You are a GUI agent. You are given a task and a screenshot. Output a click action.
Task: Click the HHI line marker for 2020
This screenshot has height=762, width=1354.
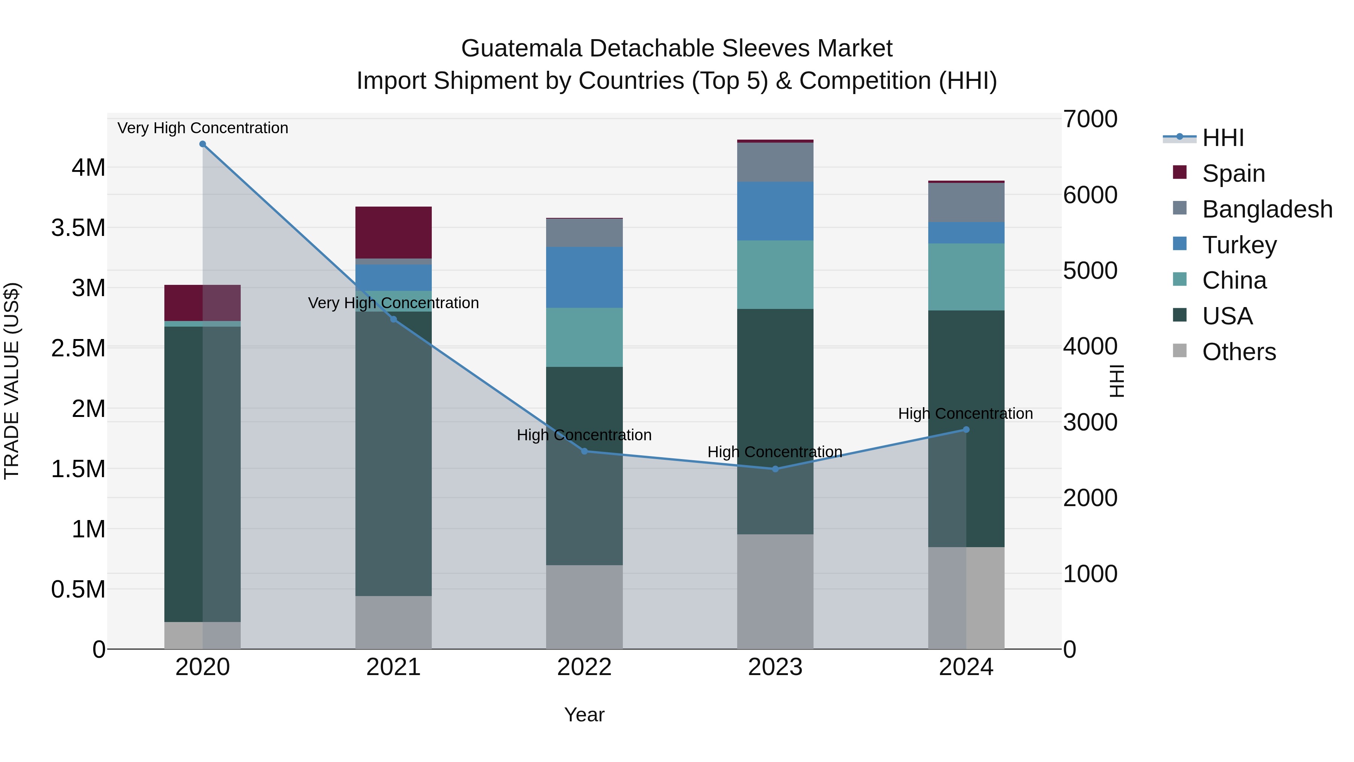tap(203, 144)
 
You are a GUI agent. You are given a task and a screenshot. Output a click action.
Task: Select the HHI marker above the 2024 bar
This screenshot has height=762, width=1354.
tap(966, 430)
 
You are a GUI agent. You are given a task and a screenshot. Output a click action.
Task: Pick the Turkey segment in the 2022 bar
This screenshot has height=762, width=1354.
tap(584, 277)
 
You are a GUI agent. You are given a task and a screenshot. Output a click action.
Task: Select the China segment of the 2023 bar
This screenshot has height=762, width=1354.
tap(775, 275)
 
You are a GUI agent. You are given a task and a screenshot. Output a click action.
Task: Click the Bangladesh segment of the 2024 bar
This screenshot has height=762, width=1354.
tap(966, 202)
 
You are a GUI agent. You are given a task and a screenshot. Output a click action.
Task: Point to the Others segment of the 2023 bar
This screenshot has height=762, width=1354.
tap(775, 592)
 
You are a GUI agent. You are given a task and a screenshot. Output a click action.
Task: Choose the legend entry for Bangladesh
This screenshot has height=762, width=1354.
tap(1267, 209)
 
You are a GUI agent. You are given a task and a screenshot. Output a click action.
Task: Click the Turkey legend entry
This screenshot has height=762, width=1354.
tap(1239, 245)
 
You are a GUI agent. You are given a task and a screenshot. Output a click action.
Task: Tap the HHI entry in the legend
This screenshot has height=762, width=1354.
tap(1223, 138)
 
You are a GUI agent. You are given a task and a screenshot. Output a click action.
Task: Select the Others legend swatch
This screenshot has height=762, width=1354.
tap(1180, 351)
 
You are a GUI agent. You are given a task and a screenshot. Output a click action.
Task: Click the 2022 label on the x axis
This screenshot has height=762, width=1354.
tap(584, 667)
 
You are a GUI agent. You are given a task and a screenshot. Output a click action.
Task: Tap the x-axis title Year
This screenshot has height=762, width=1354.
tap(584, 715)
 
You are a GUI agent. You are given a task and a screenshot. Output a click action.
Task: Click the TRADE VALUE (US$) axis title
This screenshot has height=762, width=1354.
tap(12, 381)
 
